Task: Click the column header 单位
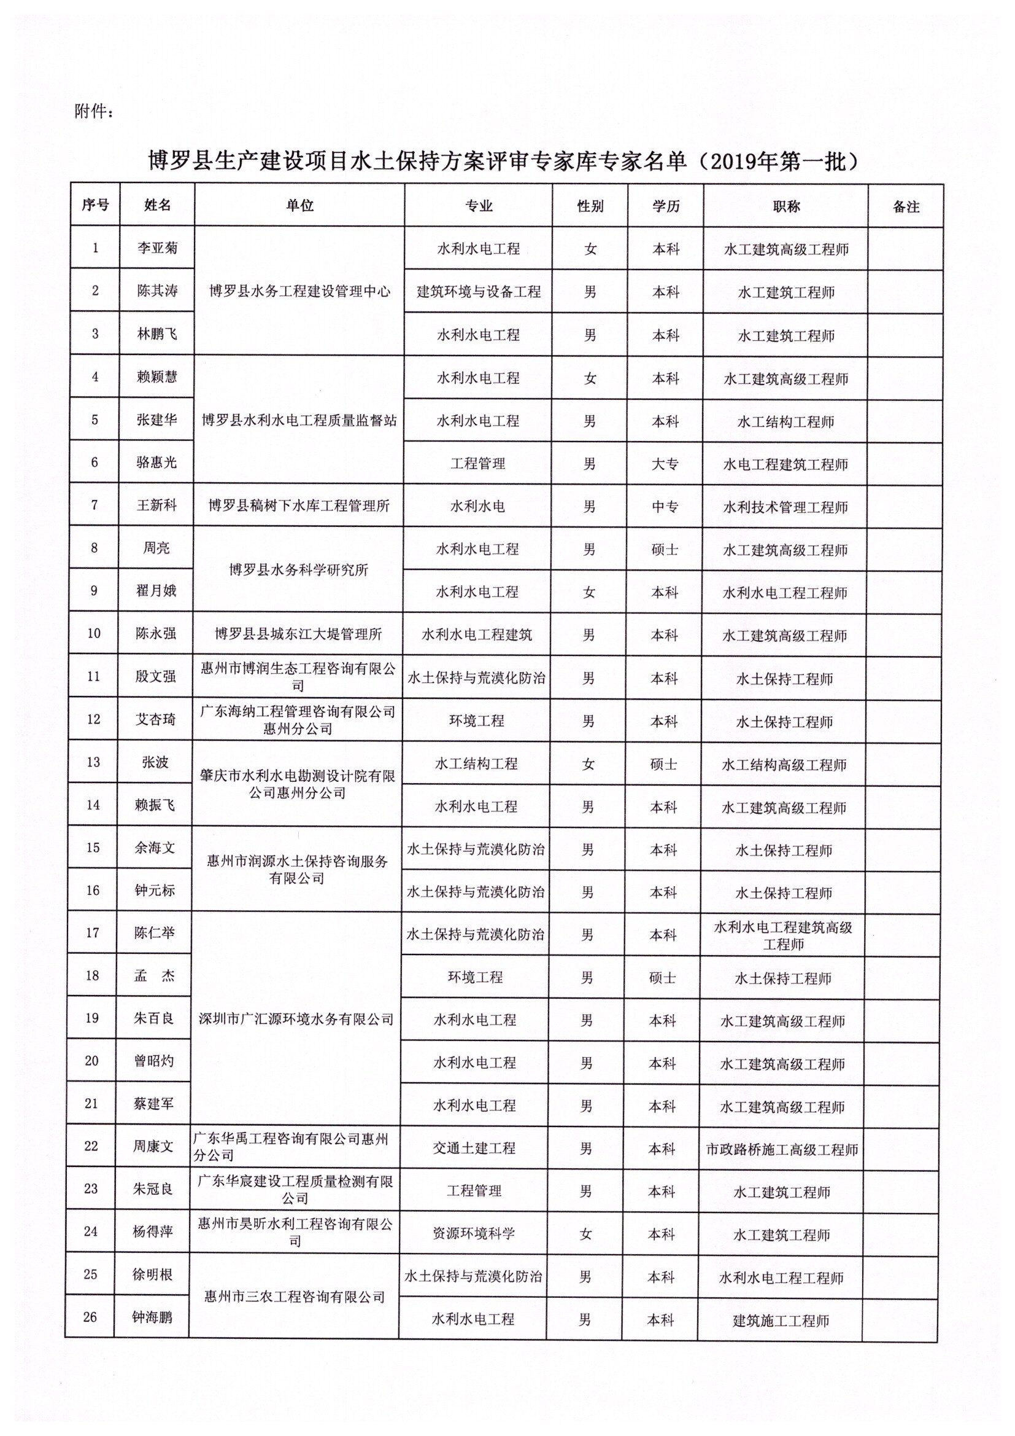(x=299, y=206)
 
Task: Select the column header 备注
(x=906, y=207)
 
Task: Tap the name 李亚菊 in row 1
(x=158, y=248)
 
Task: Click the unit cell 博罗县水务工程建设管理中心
(x=299, y=291)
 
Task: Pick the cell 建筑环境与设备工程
(x=478, y=292)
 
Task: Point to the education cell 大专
(x=665, y=464)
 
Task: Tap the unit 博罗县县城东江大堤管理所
(x=298, y=634)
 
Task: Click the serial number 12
(x=93, y=719)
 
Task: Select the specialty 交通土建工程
(x=474, y=1149)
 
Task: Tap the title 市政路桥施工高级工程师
(x=782, y=1150)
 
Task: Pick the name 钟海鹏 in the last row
(x=152, y=1318)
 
